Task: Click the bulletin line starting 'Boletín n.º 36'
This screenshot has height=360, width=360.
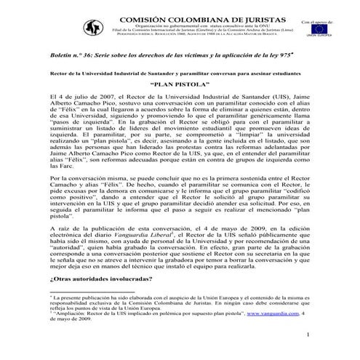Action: click(x=145, y=57)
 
